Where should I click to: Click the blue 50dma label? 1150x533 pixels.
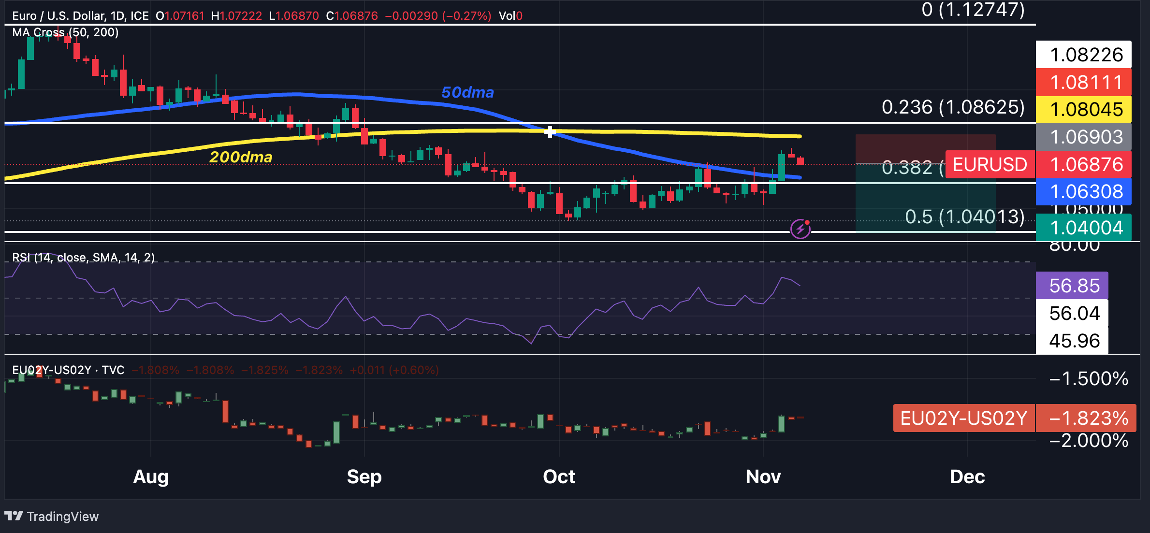pos(467,92)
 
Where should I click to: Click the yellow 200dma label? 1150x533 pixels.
pos(241,157)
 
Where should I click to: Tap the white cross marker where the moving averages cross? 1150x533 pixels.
pos(550,132)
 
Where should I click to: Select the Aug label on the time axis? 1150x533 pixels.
pos(151,477)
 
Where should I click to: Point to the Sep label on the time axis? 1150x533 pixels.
pos(364,477)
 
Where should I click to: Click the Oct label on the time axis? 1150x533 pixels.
pos(559,477)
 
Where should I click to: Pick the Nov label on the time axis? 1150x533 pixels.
pos(763,477)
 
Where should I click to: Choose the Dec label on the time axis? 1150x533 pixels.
pos(967,477)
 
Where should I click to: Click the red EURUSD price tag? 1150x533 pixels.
pos(990,165)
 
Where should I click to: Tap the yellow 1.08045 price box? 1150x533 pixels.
pos(1083,110)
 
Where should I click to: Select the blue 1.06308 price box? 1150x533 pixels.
pos(1083,192)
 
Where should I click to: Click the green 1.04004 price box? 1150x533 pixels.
pos(1083,228)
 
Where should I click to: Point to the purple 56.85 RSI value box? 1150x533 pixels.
pos(1072,286)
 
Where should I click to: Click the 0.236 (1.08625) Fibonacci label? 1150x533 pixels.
pos(953,107)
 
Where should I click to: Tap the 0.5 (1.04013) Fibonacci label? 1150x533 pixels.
pos(964,217)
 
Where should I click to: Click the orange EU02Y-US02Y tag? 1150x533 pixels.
pos(963,418)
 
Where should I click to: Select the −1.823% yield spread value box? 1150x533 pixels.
pos(1086,418)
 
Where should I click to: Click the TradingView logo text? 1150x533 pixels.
pos(62,517)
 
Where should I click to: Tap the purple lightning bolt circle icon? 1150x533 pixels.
pos(801,229)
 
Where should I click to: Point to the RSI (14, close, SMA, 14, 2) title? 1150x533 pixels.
pos(83,258)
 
